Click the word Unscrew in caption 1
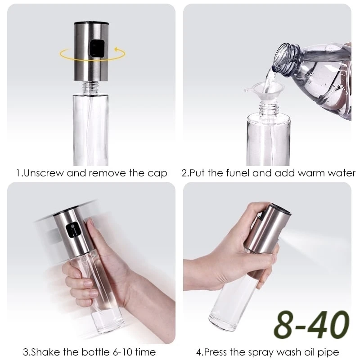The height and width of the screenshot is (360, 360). [43, 173]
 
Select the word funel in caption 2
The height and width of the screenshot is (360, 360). [238, 173]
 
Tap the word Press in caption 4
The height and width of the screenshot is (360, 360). [216, 352]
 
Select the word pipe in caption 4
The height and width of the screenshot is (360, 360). [328, 353]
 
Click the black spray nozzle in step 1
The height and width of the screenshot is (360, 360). [97, 49]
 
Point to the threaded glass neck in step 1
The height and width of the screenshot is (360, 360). [91, 87]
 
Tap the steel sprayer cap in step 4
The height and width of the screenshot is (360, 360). [267, 229]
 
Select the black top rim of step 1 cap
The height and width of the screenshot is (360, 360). [91, 23]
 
